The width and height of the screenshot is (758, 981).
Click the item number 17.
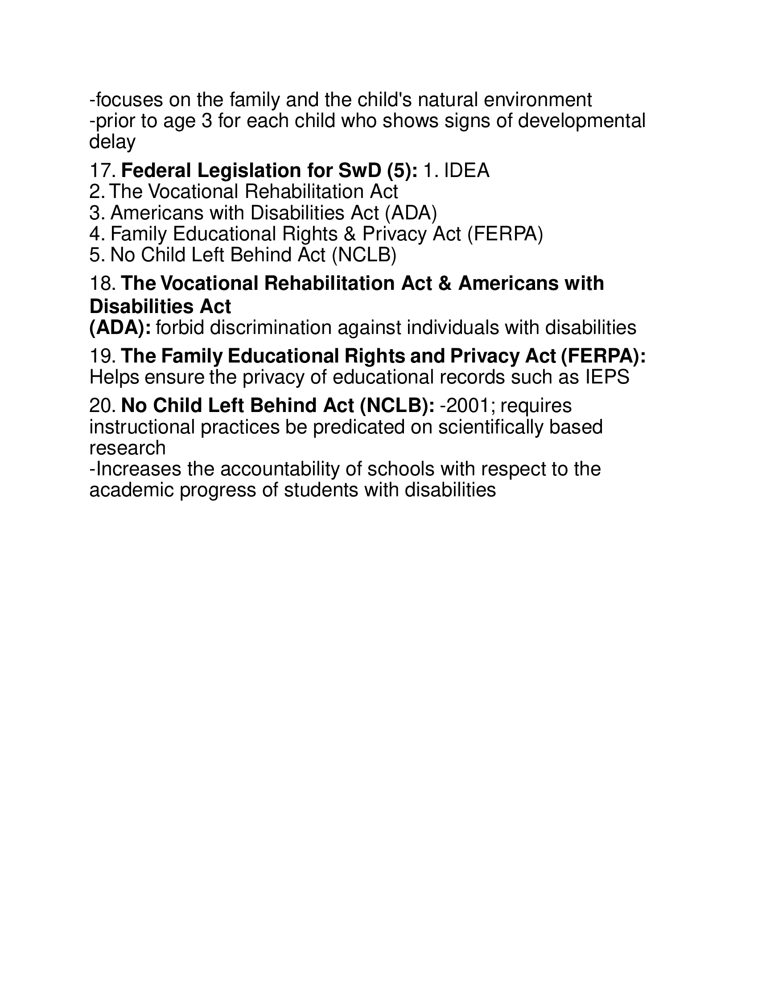(103, 171)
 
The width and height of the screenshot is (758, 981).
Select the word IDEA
(466, 171)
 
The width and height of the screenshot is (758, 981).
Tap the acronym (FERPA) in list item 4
(505, 234)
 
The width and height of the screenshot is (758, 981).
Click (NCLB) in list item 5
(364, 255)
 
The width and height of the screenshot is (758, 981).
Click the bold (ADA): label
(120, 328)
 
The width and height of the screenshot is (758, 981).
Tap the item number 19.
(103, 356)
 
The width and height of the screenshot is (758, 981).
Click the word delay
(112, 142)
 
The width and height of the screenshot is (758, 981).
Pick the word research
(128, 448)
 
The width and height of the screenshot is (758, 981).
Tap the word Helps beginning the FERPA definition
(114, 377)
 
